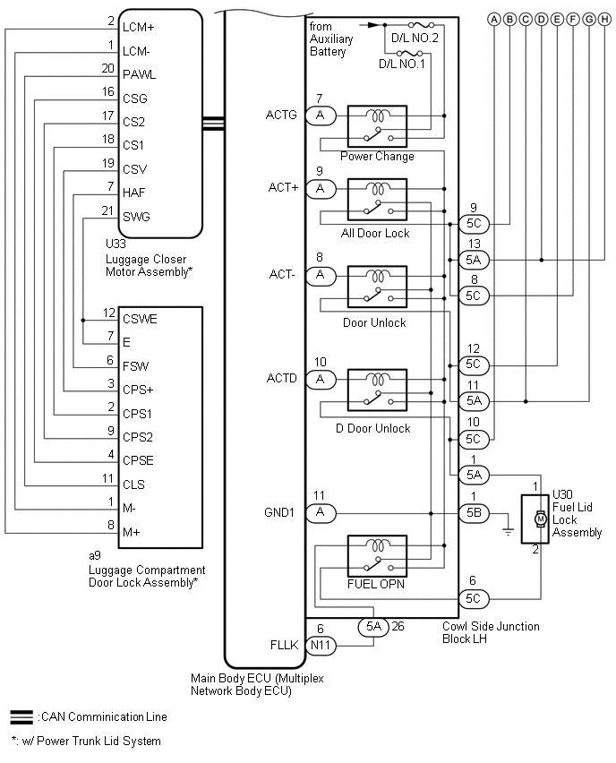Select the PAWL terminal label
138,75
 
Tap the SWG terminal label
136,216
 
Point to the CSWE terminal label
140,318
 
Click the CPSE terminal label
140,461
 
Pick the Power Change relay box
377,126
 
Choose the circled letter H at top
590,18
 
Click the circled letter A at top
493,18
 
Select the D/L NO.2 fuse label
414,39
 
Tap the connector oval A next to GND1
320,513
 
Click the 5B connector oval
474,513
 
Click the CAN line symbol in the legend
21,716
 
